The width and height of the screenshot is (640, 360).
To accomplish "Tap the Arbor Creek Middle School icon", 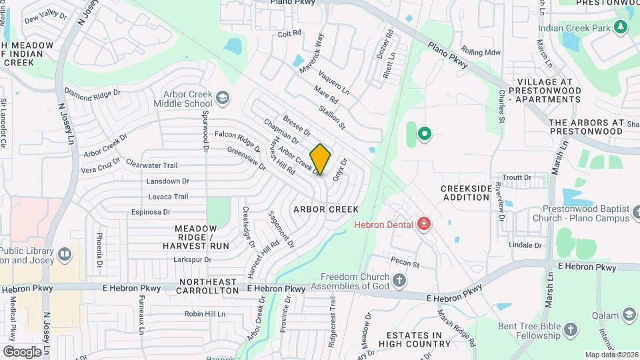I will (222, 99).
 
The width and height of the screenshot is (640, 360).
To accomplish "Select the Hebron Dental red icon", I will (423, 223).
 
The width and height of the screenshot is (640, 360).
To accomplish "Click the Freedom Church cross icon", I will (399, 280).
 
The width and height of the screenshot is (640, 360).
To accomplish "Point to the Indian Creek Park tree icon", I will (621, 27).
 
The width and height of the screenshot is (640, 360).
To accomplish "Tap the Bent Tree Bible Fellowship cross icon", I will (570, 329).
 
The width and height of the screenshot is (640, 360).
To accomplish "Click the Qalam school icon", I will (629, 315).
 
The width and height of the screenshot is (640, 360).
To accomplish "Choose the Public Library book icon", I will (65, 254).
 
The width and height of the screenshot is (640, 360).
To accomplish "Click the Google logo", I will (22, 351).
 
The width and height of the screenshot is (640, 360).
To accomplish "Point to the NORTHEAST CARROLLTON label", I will (207, 291).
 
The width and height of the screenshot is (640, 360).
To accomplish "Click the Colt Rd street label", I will (290, 33).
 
